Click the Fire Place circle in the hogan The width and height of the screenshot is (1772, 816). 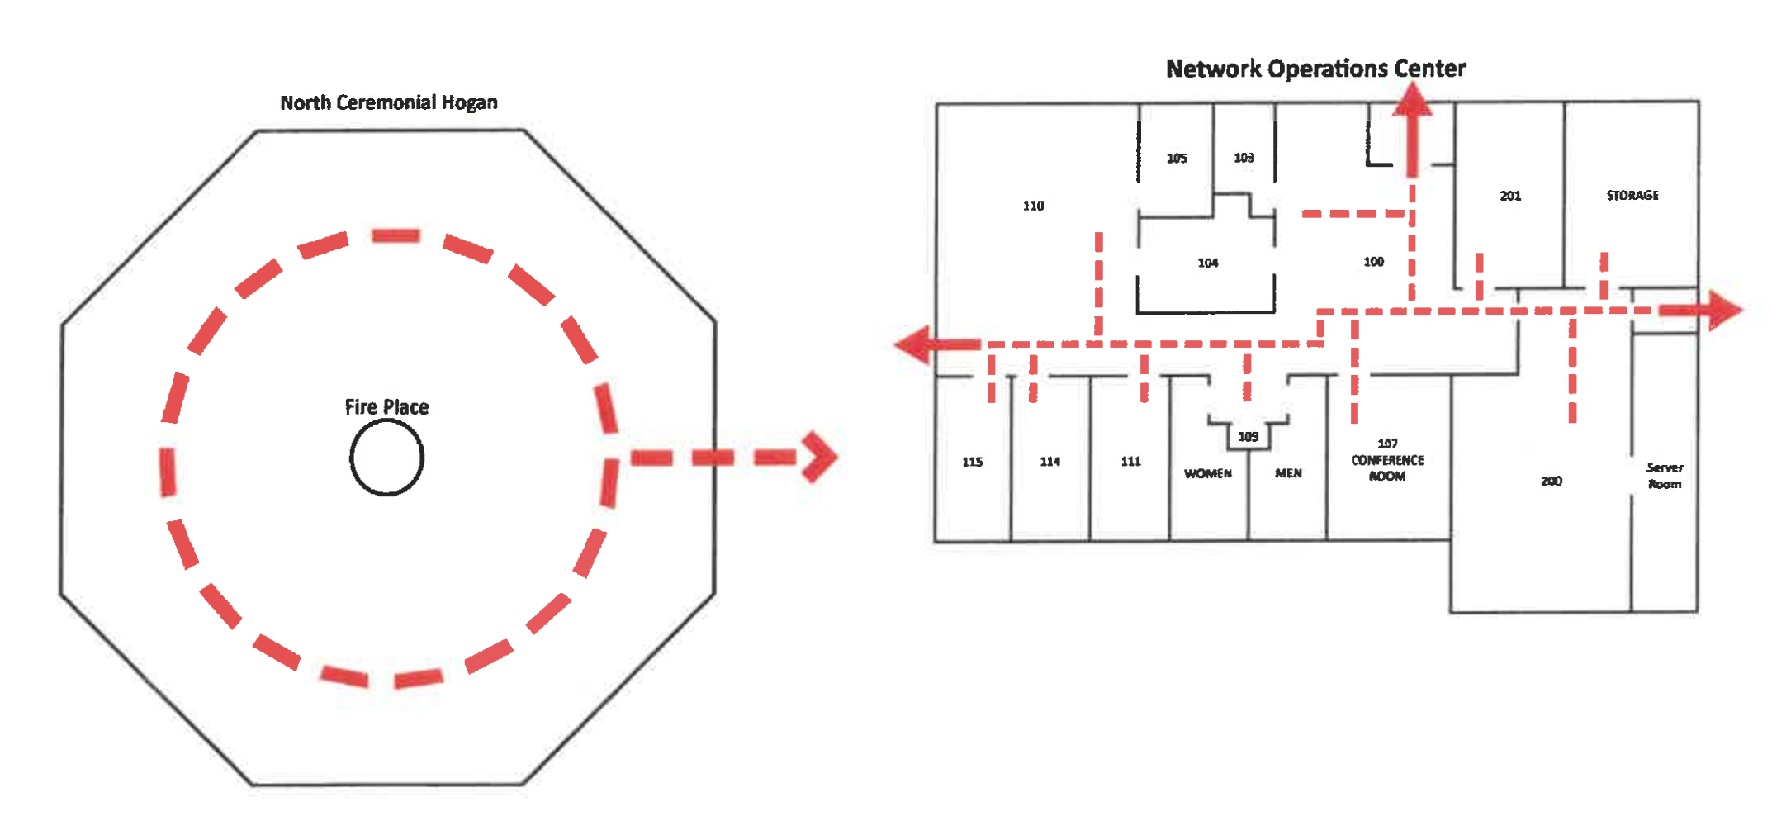(x=386, y=458)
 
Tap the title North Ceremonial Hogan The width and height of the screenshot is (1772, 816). (x=389, y=102)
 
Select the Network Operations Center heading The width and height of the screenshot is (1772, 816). (x=1315, y=69)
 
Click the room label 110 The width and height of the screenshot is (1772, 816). (x=1033, y=206)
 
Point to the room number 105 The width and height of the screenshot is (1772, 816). (x=1177, y=158)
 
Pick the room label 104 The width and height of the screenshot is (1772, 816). (x=1208, y=263)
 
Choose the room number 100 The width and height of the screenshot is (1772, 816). (x=1373, y=262)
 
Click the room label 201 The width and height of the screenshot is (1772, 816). (x=1510, y=196)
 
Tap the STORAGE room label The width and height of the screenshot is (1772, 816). (x=1632, y=195)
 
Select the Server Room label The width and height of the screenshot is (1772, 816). (x=1665, y=476)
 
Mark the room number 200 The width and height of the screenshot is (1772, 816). (x=1552, y=481)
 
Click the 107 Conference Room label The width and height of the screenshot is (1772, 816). (x=1387, y=460)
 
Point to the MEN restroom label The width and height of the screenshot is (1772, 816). (x=1288, y=473)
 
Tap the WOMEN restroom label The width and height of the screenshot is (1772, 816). (x=1208, y=473)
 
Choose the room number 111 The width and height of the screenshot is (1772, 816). (x=1130, y=462)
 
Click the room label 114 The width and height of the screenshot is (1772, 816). (x=1050, y=462)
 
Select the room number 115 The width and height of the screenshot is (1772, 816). (x=973, y=462)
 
